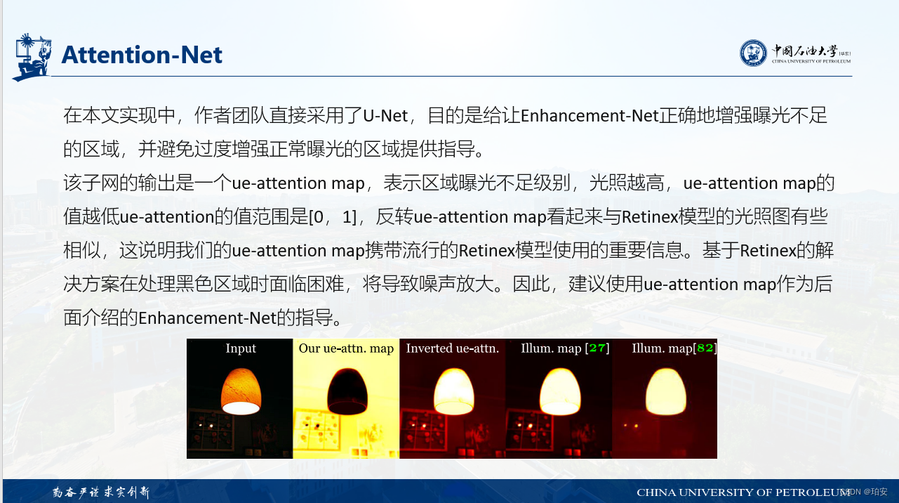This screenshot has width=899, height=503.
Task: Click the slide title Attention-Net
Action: click(142, 55)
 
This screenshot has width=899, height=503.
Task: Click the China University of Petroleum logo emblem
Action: click(753, 53)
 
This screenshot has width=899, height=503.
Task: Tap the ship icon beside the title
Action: click(32, 56)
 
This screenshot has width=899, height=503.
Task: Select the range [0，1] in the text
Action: click(333, 217)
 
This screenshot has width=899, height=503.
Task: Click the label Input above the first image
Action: click(241, 348)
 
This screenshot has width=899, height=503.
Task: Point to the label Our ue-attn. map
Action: click(346, 348)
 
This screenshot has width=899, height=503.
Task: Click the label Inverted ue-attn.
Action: click(452, 348)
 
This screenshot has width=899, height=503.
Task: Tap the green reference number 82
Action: click(705, 348)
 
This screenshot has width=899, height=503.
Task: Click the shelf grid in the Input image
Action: click(215, 431)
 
